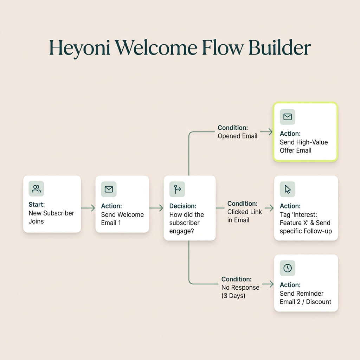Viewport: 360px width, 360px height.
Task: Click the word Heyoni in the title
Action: (79, 48)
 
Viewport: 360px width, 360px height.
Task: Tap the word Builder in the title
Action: (279, 47)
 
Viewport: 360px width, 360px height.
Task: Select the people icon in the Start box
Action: (36, 189)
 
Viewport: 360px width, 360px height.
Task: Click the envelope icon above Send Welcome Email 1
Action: (109, 189)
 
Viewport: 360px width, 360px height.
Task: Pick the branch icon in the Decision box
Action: (177, 189)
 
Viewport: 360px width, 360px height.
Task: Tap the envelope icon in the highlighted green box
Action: (288, 117)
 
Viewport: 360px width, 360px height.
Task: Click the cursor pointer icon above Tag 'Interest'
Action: (288, 189)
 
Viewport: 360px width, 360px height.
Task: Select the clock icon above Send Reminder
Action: (288, 268)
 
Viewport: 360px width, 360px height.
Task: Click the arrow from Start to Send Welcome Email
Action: (88, 208)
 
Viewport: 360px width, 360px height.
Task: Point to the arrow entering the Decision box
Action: (156, 208)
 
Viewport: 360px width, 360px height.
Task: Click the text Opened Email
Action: (237, 136)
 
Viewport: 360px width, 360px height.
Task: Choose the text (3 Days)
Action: (233, 296)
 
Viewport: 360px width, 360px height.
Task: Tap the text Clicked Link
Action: (245, 212)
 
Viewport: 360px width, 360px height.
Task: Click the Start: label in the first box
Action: (37, 204)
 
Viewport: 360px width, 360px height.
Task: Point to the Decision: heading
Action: (183, 206)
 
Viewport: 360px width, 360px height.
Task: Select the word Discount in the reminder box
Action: (319, 302)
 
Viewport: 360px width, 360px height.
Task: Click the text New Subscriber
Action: (51, 213)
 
